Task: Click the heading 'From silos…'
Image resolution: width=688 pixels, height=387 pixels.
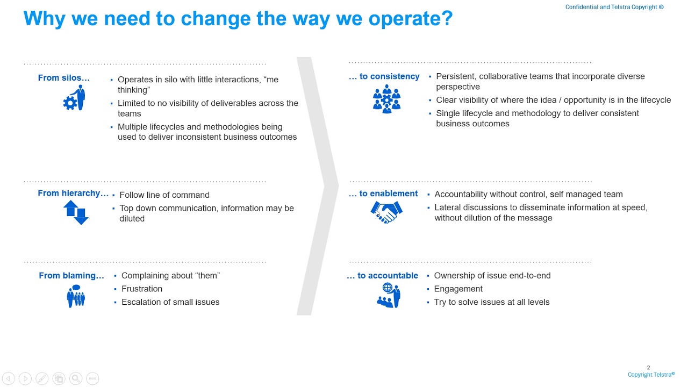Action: [x=63, y=78]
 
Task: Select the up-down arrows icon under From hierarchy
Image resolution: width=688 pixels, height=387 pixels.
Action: [x=76, y=212]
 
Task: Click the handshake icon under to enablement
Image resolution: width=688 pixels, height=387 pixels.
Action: [x=386, y=212]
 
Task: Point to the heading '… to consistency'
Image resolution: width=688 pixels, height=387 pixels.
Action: [x=384, y=76]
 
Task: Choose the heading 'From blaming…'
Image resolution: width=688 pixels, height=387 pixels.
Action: [x=71, y=276]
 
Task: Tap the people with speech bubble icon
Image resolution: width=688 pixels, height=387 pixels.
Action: [x=76, y=296]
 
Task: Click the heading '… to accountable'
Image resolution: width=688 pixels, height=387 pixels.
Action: [x=382, y=276]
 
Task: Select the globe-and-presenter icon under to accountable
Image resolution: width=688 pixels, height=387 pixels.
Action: [x=389, y=296]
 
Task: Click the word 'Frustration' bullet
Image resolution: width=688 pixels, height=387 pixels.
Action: [x=142, y=289]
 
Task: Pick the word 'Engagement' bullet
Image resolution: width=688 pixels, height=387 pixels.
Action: [x=458, y=289]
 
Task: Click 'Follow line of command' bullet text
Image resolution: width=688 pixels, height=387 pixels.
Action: [x=164, y=195]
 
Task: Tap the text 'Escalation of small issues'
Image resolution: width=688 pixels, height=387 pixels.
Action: [x=170, y=302]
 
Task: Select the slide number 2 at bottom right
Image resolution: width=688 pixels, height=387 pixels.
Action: [x=648, y=368]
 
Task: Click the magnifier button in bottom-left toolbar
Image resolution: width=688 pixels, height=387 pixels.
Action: [x=75, y=378]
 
